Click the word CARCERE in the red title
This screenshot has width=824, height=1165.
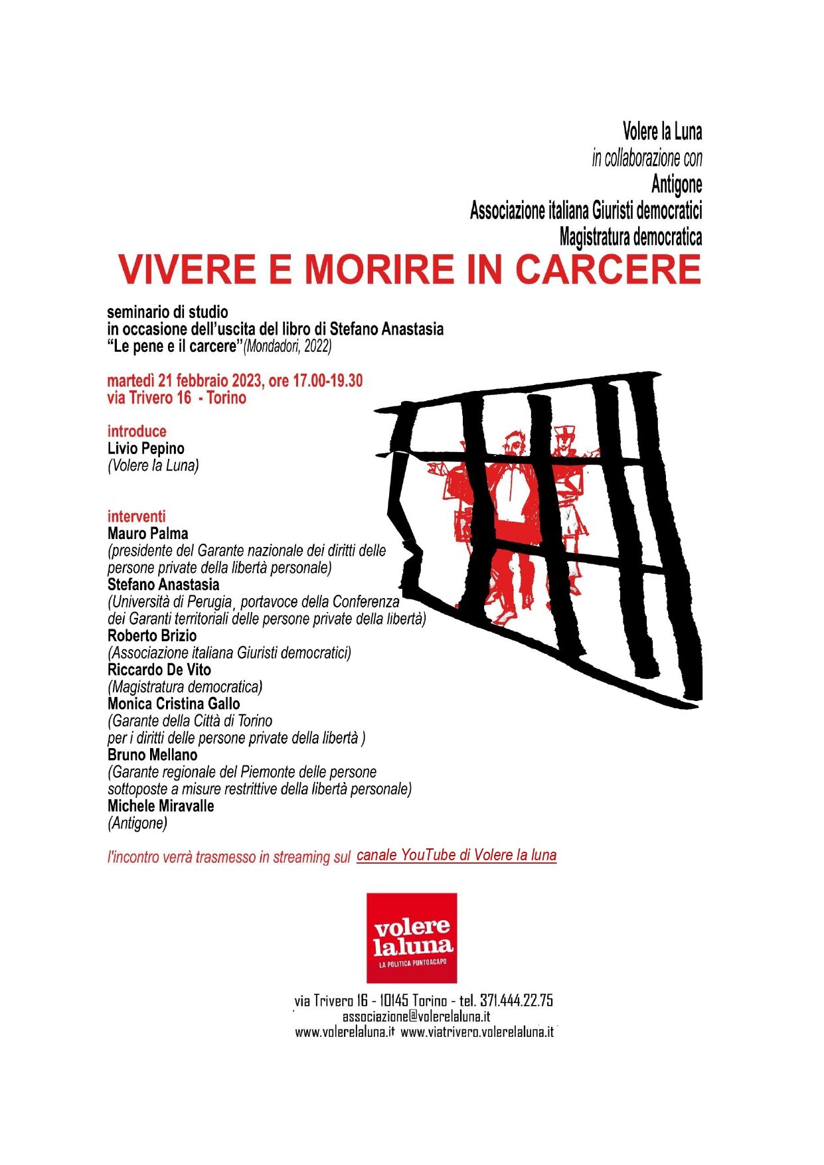pyautogui.click(x=608, y=270)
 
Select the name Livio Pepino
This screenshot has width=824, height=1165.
pyautogui.click(x=146, y=449)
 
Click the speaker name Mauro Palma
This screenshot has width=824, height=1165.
pyautogui.click(x=147, y=534)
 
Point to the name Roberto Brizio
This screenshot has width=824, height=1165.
pyautogui.click(x=152, y=636)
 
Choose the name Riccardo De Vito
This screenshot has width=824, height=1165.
pyautogui.click(x=159, y=670)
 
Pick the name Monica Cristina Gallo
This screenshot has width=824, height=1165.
pyautogui.click(x=174, y=704)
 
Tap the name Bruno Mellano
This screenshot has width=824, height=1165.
pyautogui.click(x=152, y=755)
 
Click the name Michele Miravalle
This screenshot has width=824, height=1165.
pyautogui.click(x=161, y=806)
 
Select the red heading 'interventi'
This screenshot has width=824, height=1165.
pyautogui.click(x=137, y=516)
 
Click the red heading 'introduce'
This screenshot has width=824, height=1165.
pyautogui.click(x=137, y=431)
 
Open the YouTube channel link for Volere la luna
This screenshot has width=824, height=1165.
pyautogui.click(x=456, y=855)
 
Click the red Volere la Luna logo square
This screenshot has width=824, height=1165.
pyautogui.click(x=412, y=937)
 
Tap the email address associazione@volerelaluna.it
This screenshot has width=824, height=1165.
pyautogui.click(x=416, y=1016)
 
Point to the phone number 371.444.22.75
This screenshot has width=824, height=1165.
pyautogui.click(x=516, y=1000)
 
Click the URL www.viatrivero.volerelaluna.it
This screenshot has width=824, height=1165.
pyautogui.click(x=477, y=1032)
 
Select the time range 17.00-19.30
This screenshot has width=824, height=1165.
pyautogui.click(x=325, y=381)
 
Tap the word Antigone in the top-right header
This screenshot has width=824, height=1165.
pyautogui.click(x=677, y=184)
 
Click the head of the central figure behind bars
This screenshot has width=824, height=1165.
pyautogui.click(x=513, y=444)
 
